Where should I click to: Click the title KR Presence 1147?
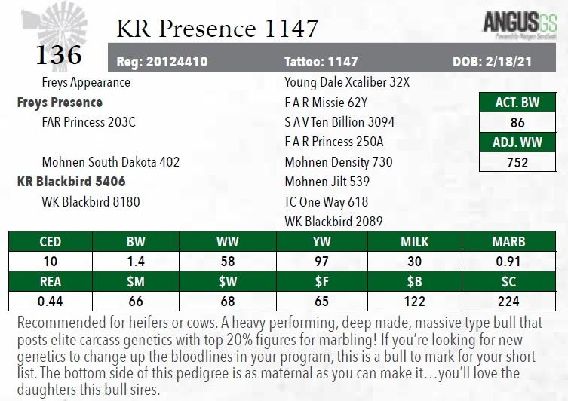point(217,29)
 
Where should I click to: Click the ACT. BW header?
point(517,103)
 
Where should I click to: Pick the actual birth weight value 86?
point(517,122)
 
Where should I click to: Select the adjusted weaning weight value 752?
point(517,161)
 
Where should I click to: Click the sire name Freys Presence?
point(60,102)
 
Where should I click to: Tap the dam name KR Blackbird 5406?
point(71,182)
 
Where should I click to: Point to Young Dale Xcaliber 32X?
point(347,82)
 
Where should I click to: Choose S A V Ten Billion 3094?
point(339,122)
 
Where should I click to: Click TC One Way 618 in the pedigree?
point(327,201)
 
